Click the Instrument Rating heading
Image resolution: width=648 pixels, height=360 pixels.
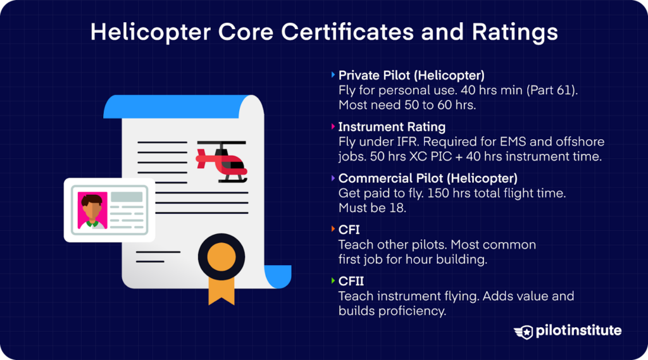[392, 127]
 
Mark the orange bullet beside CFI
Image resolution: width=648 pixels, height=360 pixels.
[333, 229]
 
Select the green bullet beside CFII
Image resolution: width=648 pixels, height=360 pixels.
[333, 280]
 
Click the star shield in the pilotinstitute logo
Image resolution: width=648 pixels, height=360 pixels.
[523, 332]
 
